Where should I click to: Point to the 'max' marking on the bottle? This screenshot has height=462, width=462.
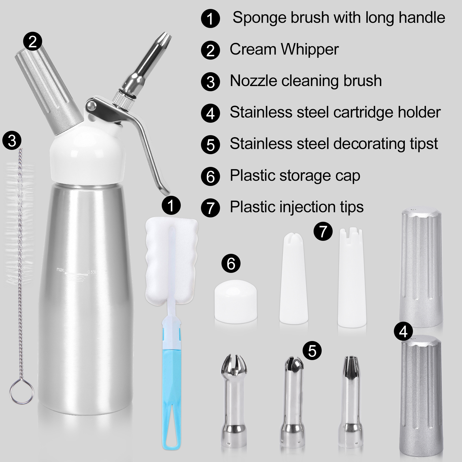click(60, 270)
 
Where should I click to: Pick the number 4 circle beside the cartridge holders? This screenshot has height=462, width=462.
click(403, 332)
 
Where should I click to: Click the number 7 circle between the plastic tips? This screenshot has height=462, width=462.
click(323, 232)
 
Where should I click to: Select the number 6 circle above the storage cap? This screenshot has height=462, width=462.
click(231, 263)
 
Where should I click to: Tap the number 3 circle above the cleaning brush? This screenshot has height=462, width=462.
click(12, 141)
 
